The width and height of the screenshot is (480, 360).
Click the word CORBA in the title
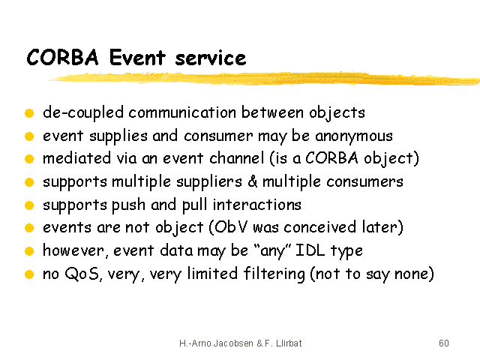click(x=63, y=57)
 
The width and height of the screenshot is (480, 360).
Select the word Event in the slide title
click(x=137, y=57)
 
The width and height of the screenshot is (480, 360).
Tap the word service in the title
click(x=211, y=58)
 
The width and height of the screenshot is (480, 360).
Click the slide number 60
click(x=444, y=343)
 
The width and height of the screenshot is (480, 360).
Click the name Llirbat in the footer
click(x=289, y=343)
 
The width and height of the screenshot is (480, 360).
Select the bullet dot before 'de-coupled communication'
click(x=29, y=113)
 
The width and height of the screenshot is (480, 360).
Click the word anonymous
click(x=354, y=136)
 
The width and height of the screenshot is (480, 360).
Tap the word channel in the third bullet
click(x=237, y=158)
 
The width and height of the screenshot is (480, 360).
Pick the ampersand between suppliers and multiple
click(x=252, y=181)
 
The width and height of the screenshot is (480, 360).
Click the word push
click(x=128, y=205)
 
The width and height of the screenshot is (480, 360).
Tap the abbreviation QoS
click(x=82, y=273)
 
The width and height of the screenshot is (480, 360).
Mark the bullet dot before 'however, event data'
click(x=29, y=251)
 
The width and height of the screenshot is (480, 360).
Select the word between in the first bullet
click(x=272, y=112)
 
